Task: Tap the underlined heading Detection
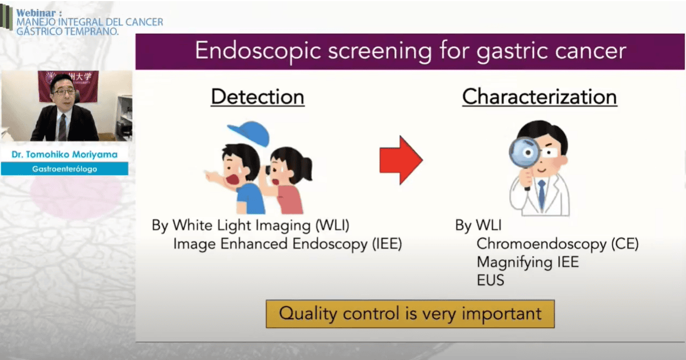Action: pos(258,97)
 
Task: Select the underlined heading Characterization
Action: pos(540,97)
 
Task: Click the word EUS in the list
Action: pos(491,280)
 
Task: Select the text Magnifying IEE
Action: pos(527,263)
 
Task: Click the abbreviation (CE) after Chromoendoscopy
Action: pos(625,244)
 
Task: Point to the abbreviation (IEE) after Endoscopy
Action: pos(387,244)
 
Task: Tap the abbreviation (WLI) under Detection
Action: pos(333,225)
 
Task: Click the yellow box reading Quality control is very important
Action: pos(410,314)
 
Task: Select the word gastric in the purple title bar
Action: pos(511,51)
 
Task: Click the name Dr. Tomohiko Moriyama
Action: pos(64,154)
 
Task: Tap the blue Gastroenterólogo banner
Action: pos(64,168)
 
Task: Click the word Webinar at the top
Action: pos(36,13)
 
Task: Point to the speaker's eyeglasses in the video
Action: pos(64,91)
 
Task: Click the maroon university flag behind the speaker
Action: pos(68,86)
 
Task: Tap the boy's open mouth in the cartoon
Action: pos(233,179)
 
